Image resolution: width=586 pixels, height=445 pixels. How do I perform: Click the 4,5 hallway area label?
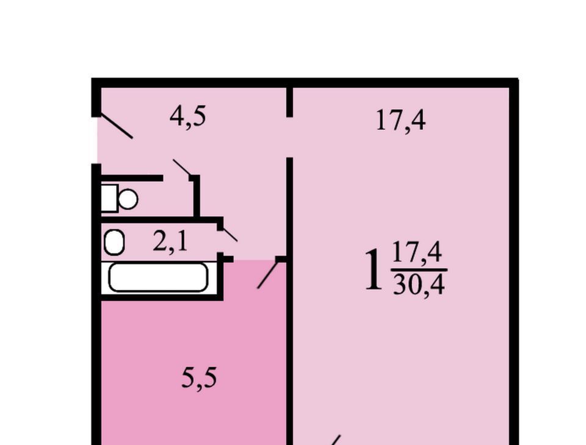click(x=187, y=116)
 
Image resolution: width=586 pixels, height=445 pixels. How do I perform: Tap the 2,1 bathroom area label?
click(x=170, y=242)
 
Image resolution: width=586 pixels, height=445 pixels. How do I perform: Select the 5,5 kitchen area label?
click(x=199, y=378)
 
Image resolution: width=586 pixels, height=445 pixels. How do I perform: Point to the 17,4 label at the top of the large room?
click(x=400, y=121)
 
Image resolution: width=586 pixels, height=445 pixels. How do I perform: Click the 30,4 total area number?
click(x=419, y=285)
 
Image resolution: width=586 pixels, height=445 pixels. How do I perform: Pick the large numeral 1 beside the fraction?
click(x=374, y=270)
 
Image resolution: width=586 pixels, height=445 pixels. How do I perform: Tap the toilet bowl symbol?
click(x=128, y=199)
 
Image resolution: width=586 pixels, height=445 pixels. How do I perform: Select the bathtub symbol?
click(x=158, y=277)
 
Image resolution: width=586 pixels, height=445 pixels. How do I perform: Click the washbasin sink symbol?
click(x=114, y=242)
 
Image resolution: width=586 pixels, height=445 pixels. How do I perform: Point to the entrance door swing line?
click(x=115, y=126)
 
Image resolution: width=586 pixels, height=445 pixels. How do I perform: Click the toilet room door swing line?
click(x=182, y=167)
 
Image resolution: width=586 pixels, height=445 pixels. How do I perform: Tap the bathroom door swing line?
click(x=229, y=234)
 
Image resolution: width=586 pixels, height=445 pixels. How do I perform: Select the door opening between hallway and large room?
click(x=289, y=137)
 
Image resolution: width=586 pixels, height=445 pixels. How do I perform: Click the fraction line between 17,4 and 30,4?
click(x=419, y=269)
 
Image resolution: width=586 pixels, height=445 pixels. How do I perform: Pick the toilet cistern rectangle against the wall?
click(x=109, y=198)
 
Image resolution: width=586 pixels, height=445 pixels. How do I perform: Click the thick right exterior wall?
click(x=514, y=262)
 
